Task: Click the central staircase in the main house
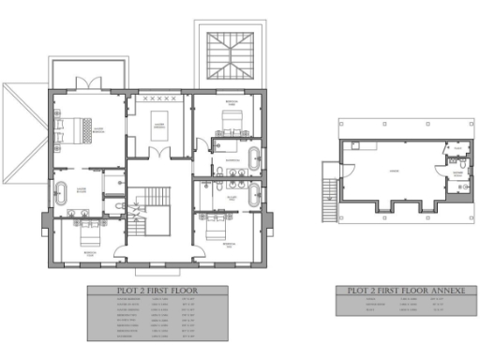tap(150, 201)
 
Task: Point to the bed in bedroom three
tap(228, 120)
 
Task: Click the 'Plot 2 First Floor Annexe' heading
tap(401, 292)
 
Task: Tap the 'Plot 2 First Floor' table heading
tap(157, 292)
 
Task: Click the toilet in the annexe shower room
tap(462, 187)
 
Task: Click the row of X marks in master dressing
tap(157, 97)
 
